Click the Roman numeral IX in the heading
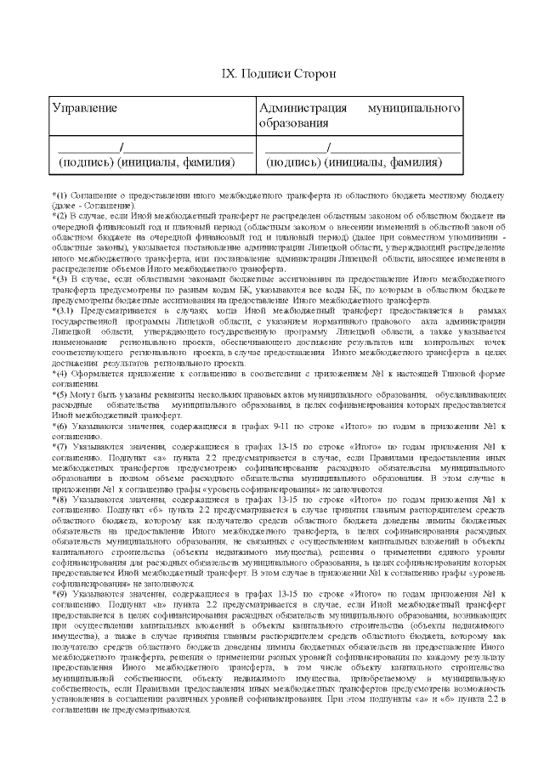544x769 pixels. click(228, 74)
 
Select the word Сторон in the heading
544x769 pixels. click(315, 74)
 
